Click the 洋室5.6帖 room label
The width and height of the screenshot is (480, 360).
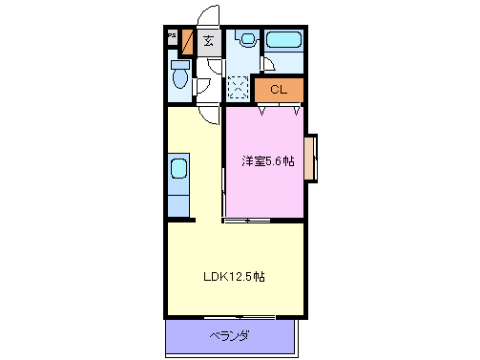pyautogui.click(x=267, y=161)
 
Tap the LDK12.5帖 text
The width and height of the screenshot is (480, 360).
pyautogui.click(x=233, y=278)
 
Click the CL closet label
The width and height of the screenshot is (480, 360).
pyautogui.click(x=279, y=90)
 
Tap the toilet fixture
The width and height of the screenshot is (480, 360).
pyautogui.click(x=178, y=75)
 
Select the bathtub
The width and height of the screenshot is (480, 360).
pyautogui.click(x=282, y=41)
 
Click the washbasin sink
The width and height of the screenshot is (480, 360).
pyautogui.click(x=248, y=40)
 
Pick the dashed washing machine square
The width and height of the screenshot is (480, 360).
pyautogui.click(x=239, y=88)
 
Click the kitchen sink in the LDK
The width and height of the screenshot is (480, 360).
pyautogui.click(x=178, y=171)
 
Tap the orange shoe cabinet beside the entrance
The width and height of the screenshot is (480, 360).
pyautogui.click(x=187, y=43)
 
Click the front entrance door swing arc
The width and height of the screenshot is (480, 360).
pyautogui.click(x=206, y=17)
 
